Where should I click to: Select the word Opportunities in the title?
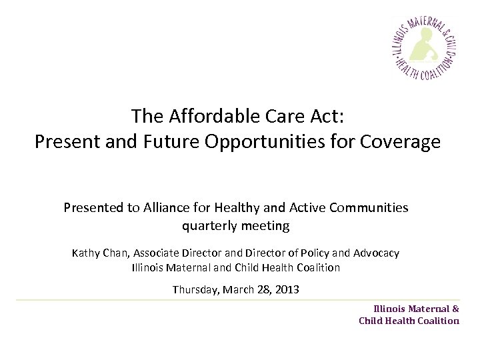point(273,142)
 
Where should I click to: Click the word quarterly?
point(209,226)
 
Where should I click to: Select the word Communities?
point(371,207)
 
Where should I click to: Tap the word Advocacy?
point(376,253)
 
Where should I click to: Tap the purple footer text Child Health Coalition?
point(409,321)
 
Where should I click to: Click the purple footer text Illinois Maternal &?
point(416,309)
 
